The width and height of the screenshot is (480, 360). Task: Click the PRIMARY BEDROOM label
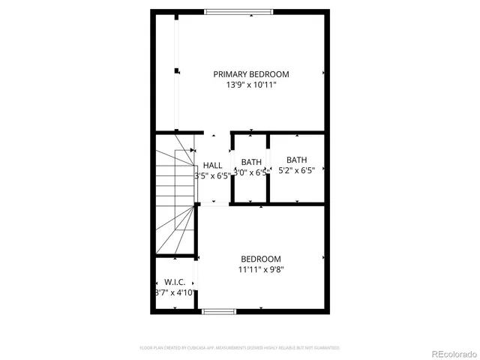pyautogui.click(x=250, y=74)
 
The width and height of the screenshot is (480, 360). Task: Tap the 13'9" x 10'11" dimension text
pyautogui.click(x=250, y=85)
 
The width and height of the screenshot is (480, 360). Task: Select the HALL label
pyautogui.click(x=212, y=166)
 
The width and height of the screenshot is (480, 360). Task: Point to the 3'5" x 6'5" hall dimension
pyautogui.click(x=212, y=176)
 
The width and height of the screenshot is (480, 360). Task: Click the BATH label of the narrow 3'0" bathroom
pyautogui.click(x=251, y=162)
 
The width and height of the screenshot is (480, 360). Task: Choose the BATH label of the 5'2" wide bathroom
pyautogui.click(x=296, y=160)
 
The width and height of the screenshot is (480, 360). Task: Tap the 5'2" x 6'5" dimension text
pyautogui.click(x=296, y=170)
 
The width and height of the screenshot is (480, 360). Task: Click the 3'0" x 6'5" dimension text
pyautogui.click(x=250, y=172)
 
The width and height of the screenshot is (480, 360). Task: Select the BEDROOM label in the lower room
pyautogui.click(x=260, y=259)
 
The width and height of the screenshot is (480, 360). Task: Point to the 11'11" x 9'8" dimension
pyautogui.click(x=260, y=269)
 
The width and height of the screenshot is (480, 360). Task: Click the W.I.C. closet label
pyautogui.click(x=175, y=282)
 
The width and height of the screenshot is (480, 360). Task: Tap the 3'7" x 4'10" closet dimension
pyautogui.click(x=175, y=292)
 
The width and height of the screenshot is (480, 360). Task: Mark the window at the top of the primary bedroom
pyautogui.click(x=238, y=11)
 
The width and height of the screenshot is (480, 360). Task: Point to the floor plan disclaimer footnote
pyautogui.click(x=240, y=348)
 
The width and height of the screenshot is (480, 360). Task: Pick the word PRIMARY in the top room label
pyautogui.click(x=231, y=74)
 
